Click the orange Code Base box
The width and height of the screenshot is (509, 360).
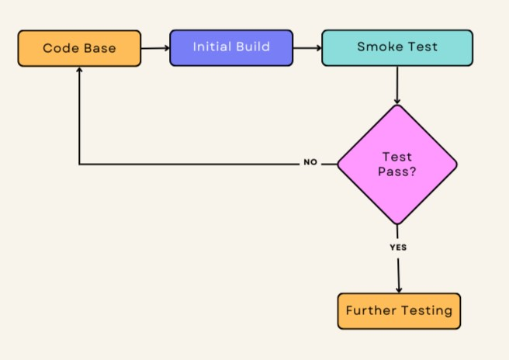click(x=79, y=48)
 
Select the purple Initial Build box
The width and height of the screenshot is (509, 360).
click(x=231, y=47)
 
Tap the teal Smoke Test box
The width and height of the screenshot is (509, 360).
click(x=396, y=47)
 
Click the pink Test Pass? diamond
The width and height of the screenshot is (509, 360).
click(x=396, y=164)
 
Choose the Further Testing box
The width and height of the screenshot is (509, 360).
click(x=399, y=311)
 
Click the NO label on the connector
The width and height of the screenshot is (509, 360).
click(x=310, y=164)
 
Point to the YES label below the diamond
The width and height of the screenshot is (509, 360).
click(x=397, y=247)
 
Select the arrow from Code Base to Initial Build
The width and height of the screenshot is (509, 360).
click(x=155, y=48)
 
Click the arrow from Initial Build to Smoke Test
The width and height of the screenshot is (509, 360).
click(x=307, y=48)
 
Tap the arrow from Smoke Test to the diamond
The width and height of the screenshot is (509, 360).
click(x=396, y=85)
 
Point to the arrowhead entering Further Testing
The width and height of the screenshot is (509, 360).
click(x=399, y=289)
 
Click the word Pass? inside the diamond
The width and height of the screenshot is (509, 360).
click(x=396, y=171)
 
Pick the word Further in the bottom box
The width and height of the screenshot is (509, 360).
click(x=370, y=311)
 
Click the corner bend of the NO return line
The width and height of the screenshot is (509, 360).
click(x=79, y=164)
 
